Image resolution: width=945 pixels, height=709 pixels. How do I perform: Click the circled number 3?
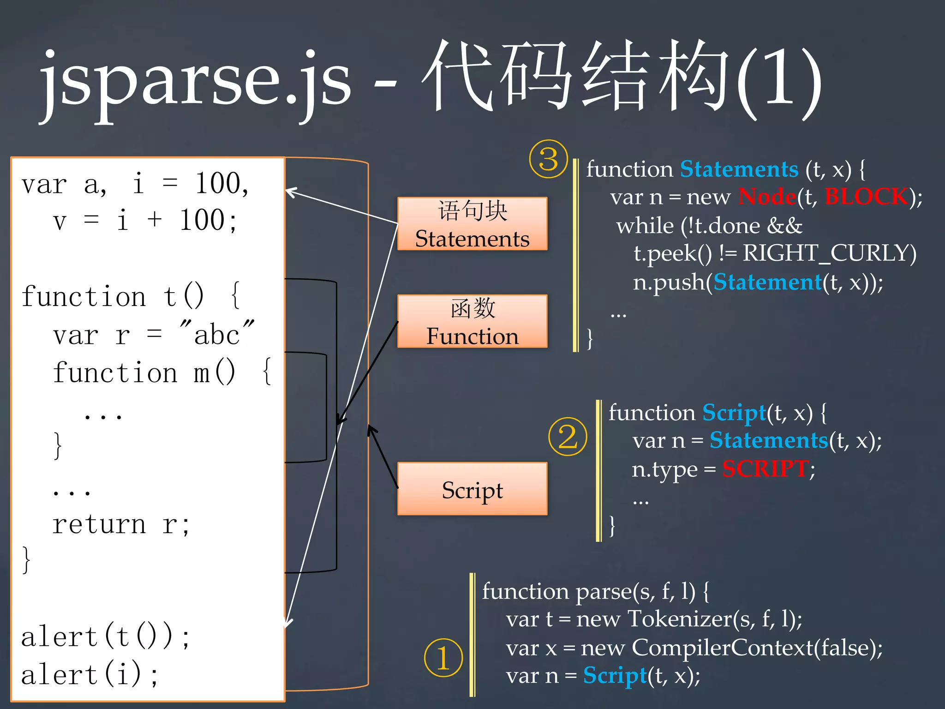click(548, 159)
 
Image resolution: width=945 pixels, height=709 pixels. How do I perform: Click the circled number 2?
click(568, 437)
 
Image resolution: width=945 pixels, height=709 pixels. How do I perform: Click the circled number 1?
click(443, 658)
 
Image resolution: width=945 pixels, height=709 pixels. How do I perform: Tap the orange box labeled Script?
click(472, 489)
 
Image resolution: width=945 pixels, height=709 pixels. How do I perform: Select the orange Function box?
click(472, 321)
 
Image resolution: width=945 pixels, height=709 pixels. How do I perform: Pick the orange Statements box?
click(472, 224)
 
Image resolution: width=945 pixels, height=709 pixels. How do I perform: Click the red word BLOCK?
click(866, 197)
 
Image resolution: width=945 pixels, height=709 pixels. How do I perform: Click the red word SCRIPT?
click(765, 469)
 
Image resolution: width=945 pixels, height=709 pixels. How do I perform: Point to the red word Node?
click(767, 197)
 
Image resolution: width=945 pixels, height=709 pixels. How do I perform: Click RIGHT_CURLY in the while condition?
click(829, 253)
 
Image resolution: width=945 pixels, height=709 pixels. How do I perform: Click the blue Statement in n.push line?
click(767, 282)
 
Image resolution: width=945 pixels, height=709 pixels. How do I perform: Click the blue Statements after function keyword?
click(739, 169)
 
